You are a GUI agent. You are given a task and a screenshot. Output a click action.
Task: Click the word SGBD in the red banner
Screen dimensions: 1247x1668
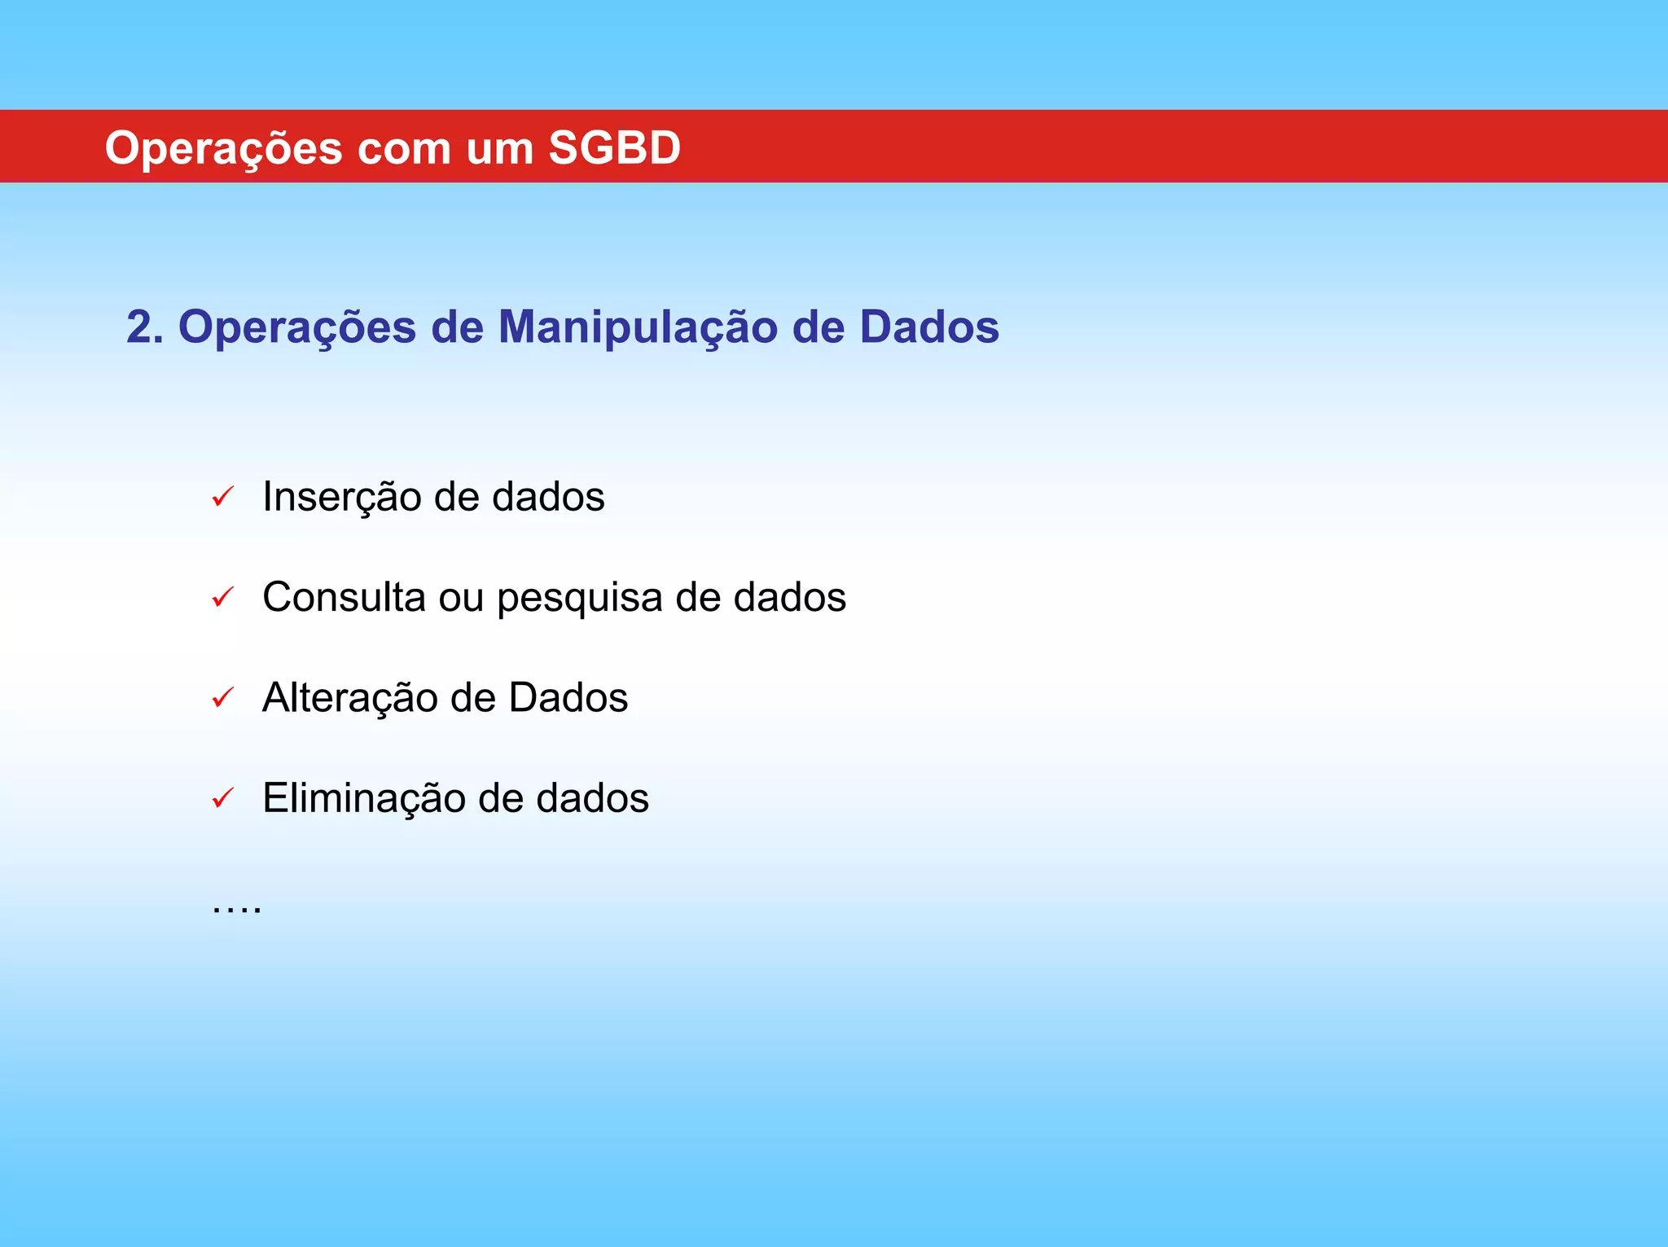[614, 148]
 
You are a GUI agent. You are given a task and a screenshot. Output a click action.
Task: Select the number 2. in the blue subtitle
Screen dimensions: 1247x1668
[145, 327]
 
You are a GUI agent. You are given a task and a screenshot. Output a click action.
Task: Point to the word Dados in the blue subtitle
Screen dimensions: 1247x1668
[928, 327]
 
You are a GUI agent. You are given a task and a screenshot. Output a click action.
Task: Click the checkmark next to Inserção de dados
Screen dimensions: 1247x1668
[222, 497]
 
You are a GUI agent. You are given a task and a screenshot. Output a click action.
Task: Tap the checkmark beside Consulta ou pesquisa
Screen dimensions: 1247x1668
[222, 598]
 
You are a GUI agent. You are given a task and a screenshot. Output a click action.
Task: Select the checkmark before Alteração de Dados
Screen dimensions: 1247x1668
[222, 698]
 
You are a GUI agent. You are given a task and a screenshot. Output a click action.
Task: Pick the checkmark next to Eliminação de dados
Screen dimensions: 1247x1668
[222, 798]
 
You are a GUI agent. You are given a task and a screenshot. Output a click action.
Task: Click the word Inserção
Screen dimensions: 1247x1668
[341, 498]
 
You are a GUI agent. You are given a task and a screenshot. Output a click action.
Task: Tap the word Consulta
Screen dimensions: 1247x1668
[344, 597]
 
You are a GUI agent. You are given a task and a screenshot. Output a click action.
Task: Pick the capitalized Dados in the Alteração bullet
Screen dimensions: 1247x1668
[568, 698]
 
